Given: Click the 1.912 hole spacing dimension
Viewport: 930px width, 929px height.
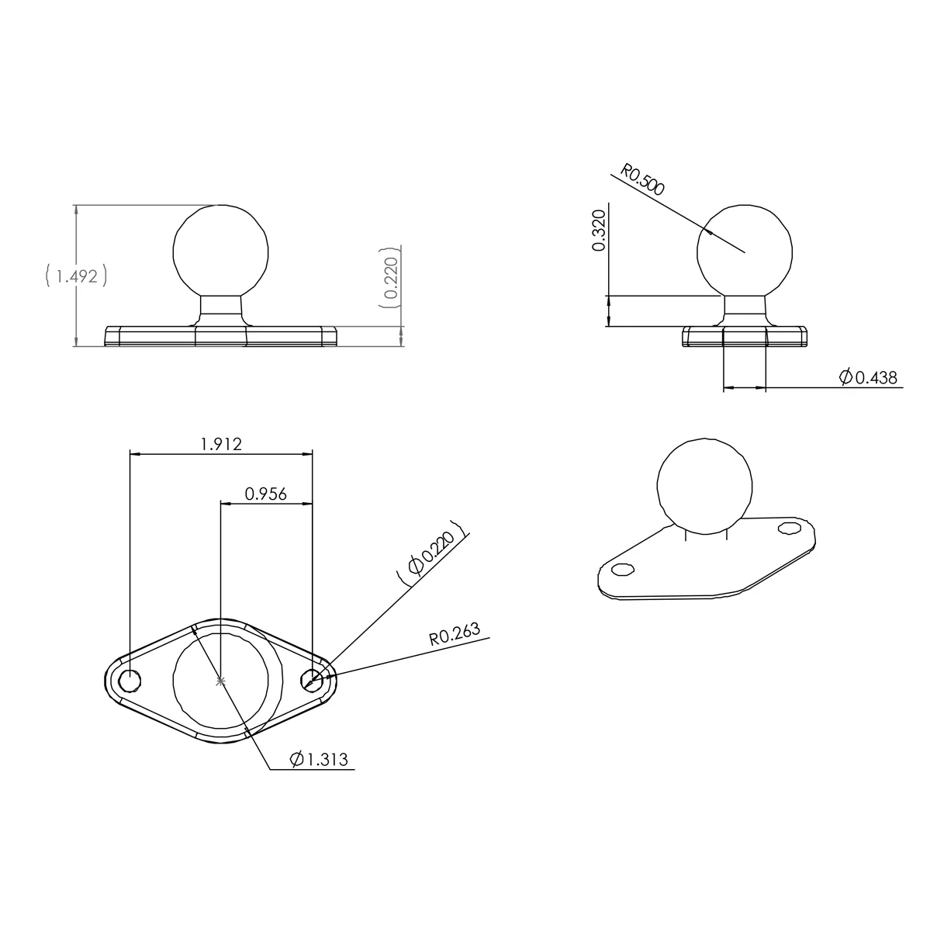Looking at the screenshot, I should (x=221, y=444).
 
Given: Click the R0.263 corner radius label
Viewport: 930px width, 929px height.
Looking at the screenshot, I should (x=455, y=638).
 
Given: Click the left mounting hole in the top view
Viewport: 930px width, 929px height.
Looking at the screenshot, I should (x=130, y=680).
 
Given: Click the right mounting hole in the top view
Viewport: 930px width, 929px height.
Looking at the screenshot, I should (x=312, y=680).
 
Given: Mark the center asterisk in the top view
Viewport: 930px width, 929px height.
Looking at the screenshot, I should (x=221, y=681).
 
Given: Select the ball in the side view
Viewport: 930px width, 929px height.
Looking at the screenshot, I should (x=745, y=251).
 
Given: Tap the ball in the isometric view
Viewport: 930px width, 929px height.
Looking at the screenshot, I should (x=704, y=487).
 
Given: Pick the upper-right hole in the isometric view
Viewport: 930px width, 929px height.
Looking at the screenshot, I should (x=790, y=528).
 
